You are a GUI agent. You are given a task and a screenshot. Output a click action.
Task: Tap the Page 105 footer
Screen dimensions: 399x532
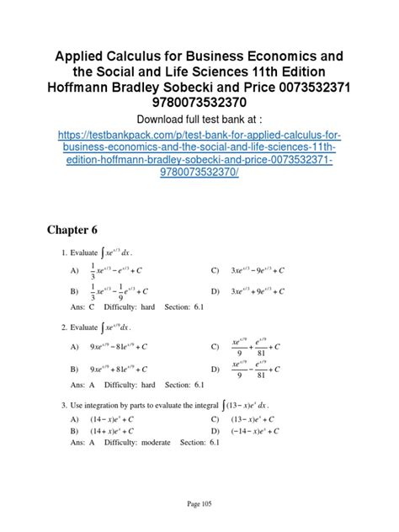[x=199, y=504]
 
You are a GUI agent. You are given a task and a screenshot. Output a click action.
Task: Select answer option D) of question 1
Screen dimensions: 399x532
[x=247, y=291]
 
